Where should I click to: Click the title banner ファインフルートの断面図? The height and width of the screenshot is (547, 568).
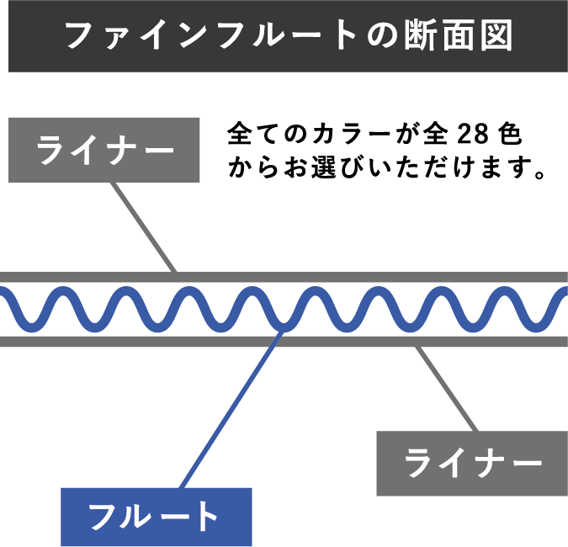(284, 36)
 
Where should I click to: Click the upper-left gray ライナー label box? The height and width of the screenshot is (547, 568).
(104, 150)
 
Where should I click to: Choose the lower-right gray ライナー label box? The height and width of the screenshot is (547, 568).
(471, 463)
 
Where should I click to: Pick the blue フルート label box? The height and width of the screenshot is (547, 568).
(156, 517)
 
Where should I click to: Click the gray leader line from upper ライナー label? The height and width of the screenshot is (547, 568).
(145, 227)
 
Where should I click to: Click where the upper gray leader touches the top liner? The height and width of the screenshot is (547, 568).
(175, 273)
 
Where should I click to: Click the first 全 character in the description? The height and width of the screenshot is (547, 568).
(239, 135)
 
